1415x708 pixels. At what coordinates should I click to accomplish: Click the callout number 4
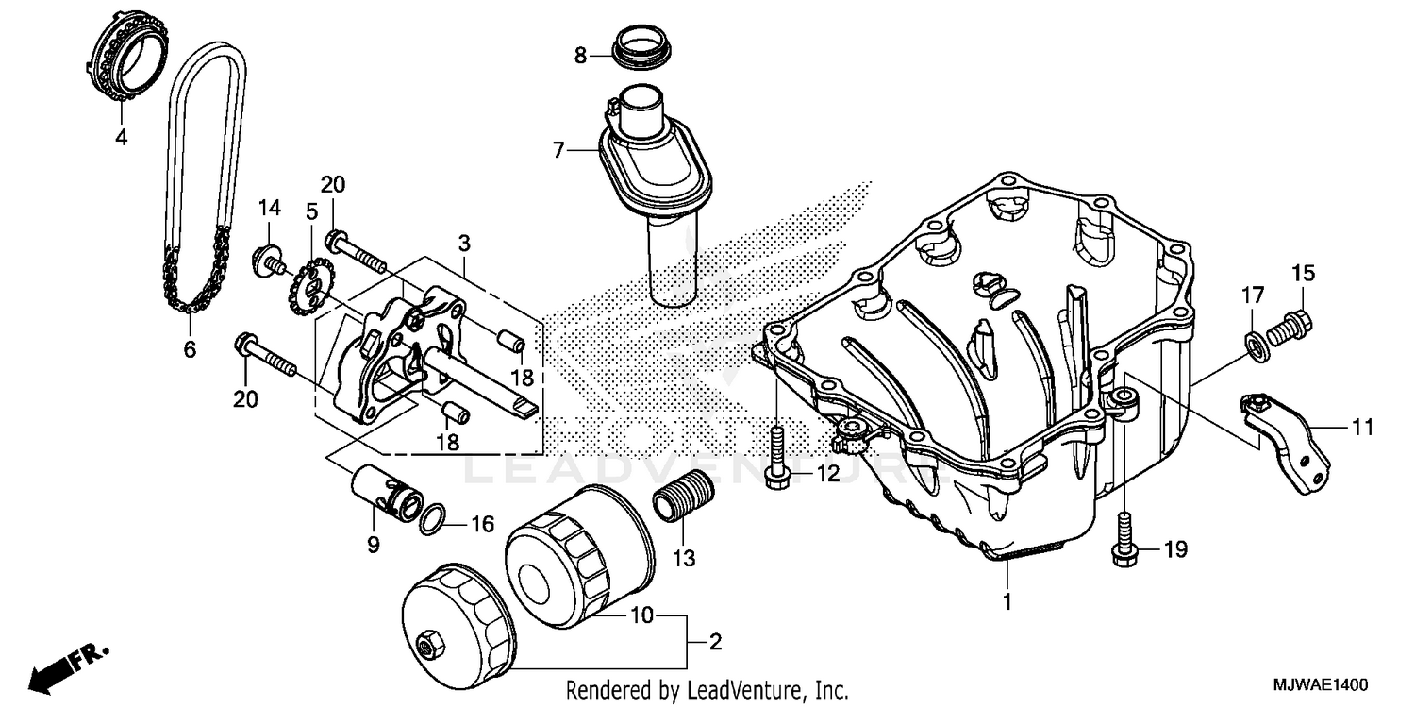[x=121, y=138]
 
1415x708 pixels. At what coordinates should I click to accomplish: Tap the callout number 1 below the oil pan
[x=1007, y=600]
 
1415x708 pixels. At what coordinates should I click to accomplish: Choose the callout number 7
[x=558, y=150]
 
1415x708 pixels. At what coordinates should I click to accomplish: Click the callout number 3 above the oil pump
[x=464, y=244]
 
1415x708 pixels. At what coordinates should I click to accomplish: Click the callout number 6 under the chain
[x=190, y=350]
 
